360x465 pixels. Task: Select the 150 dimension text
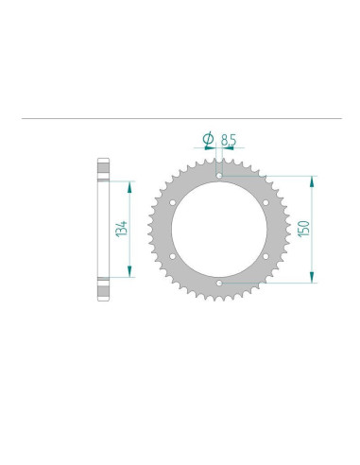tap(302, 228)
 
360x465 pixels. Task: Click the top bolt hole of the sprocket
tap(218, 176)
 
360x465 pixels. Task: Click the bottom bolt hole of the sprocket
tap(218, 282)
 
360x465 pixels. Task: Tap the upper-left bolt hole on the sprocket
tap(173, 202)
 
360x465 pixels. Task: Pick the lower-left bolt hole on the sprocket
tap(173, 255)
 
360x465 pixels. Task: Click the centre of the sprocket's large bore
tap(218, 229)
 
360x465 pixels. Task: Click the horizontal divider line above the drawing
tap(180, 119)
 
